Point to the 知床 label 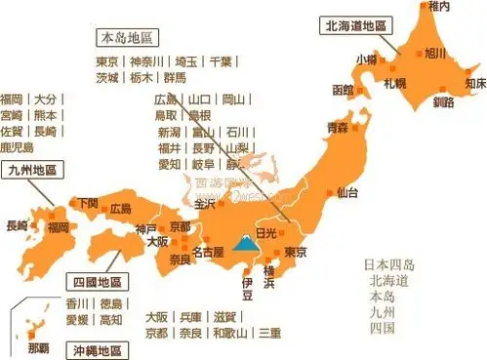pyautogui.click(x=474, y=84)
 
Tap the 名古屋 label pyautogui.click(x=209, y=253)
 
